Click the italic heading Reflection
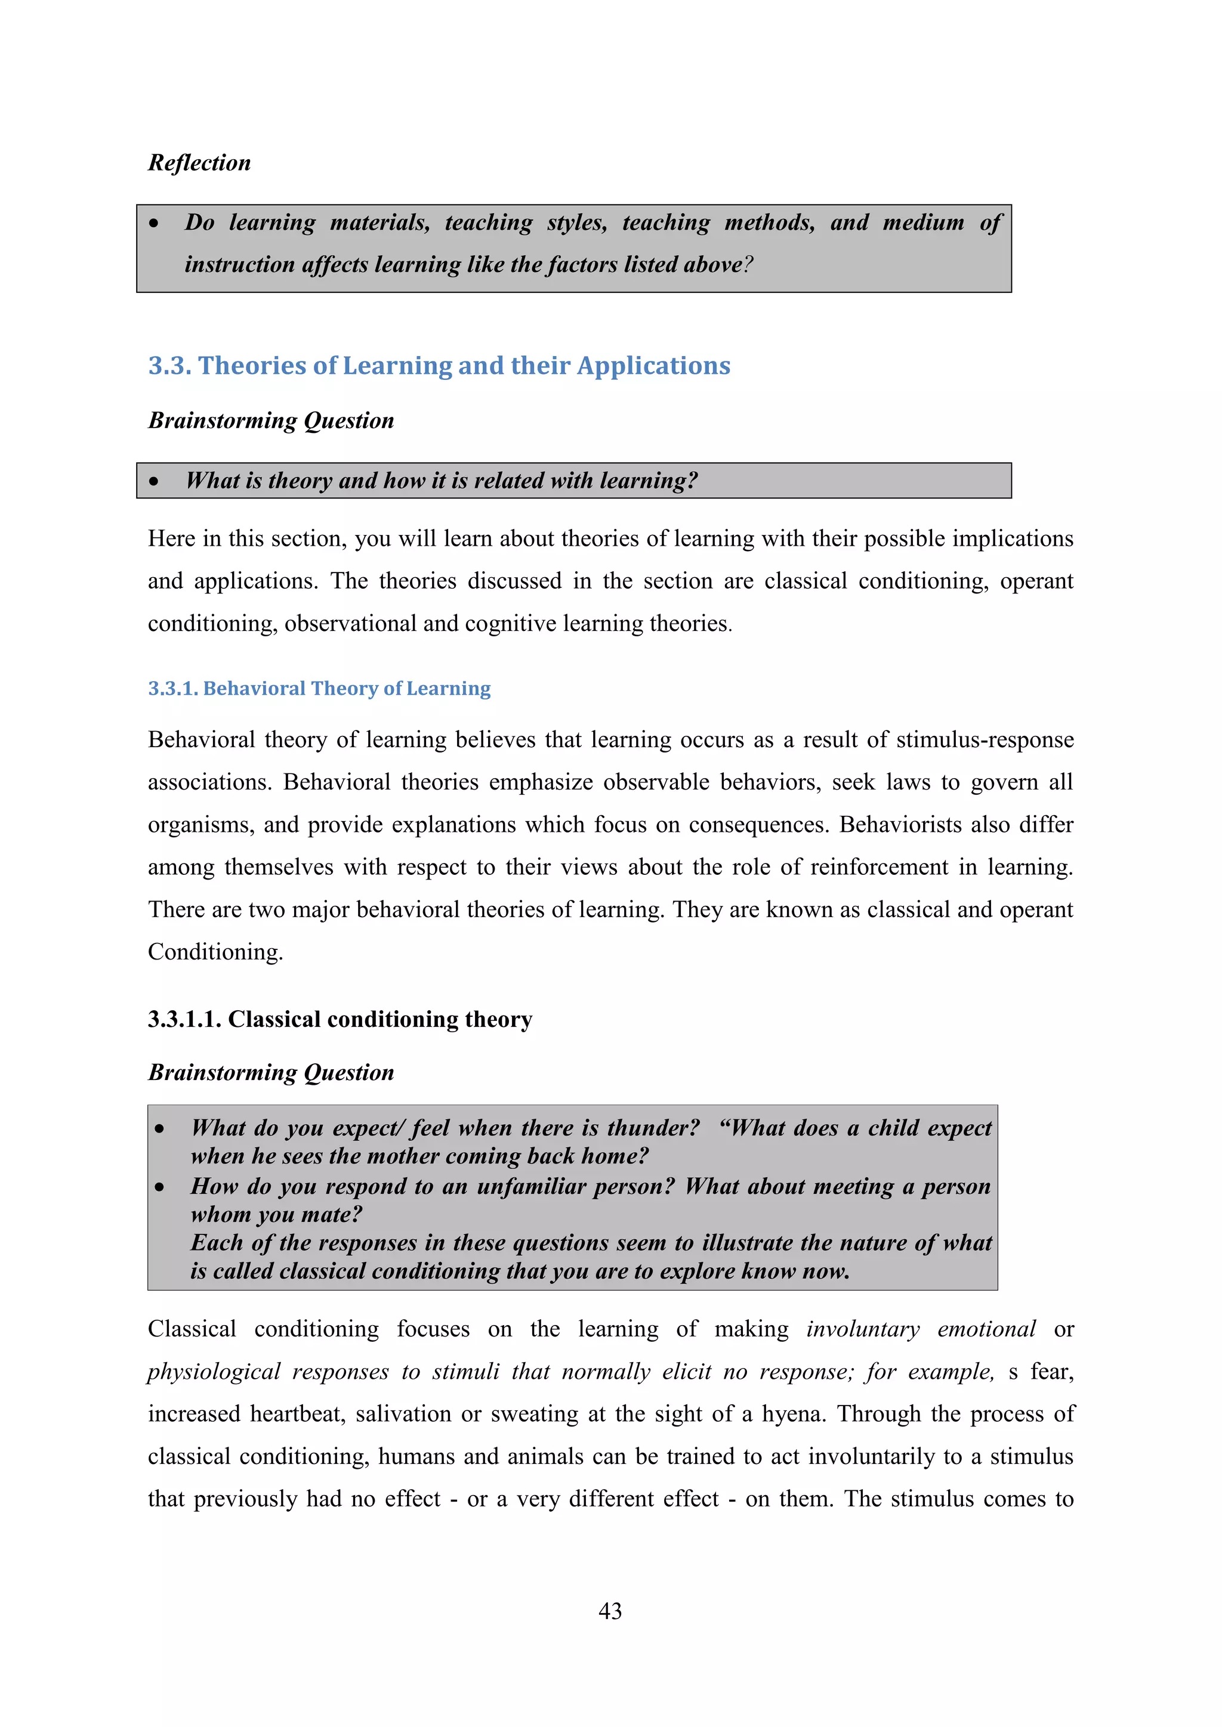click(199, 162)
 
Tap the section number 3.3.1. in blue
click(172, 688)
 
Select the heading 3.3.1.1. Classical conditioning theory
click(340, 1019)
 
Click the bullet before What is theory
click(155, 481)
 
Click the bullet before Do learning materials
click(155, 224)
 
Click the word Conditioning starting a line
click(214, 952)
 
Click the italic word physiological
click(214, 1371)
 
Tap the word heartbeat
click(297, 1413)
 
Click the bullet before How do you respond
click(159, 1187)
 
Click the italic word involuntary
click(862, 1329)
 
